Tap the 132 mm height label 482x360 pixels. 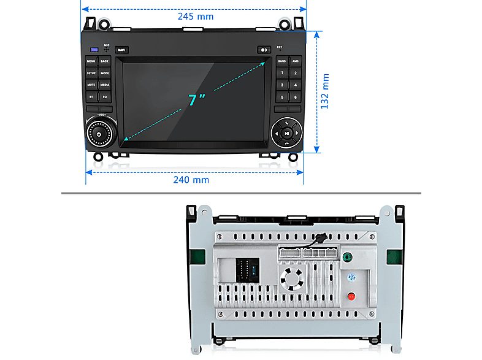(x=326, y=91)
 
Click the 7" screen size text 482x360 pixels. (x=196, y=99)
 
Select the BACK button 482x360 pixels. (x=105, y=61)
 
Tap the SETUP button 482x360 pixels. (x=91, y=73)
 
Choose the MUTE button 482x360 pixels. (x=91, y=85)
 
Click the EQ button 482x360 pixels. (x=105, y=96)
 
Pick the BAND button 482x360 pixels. (x=281, y=61)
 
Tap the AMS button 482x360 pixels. (x=296, y=61)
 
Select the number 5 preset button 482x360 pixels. (x=281, y=96)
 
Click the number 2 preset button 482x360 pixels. (x=296, y=73)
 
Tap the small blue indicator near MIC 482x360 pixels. (x=94, y=50)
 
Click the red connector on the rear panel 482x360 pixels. (x=351, y=297)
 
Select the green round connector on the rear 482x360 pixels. (x=348, y=258)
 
